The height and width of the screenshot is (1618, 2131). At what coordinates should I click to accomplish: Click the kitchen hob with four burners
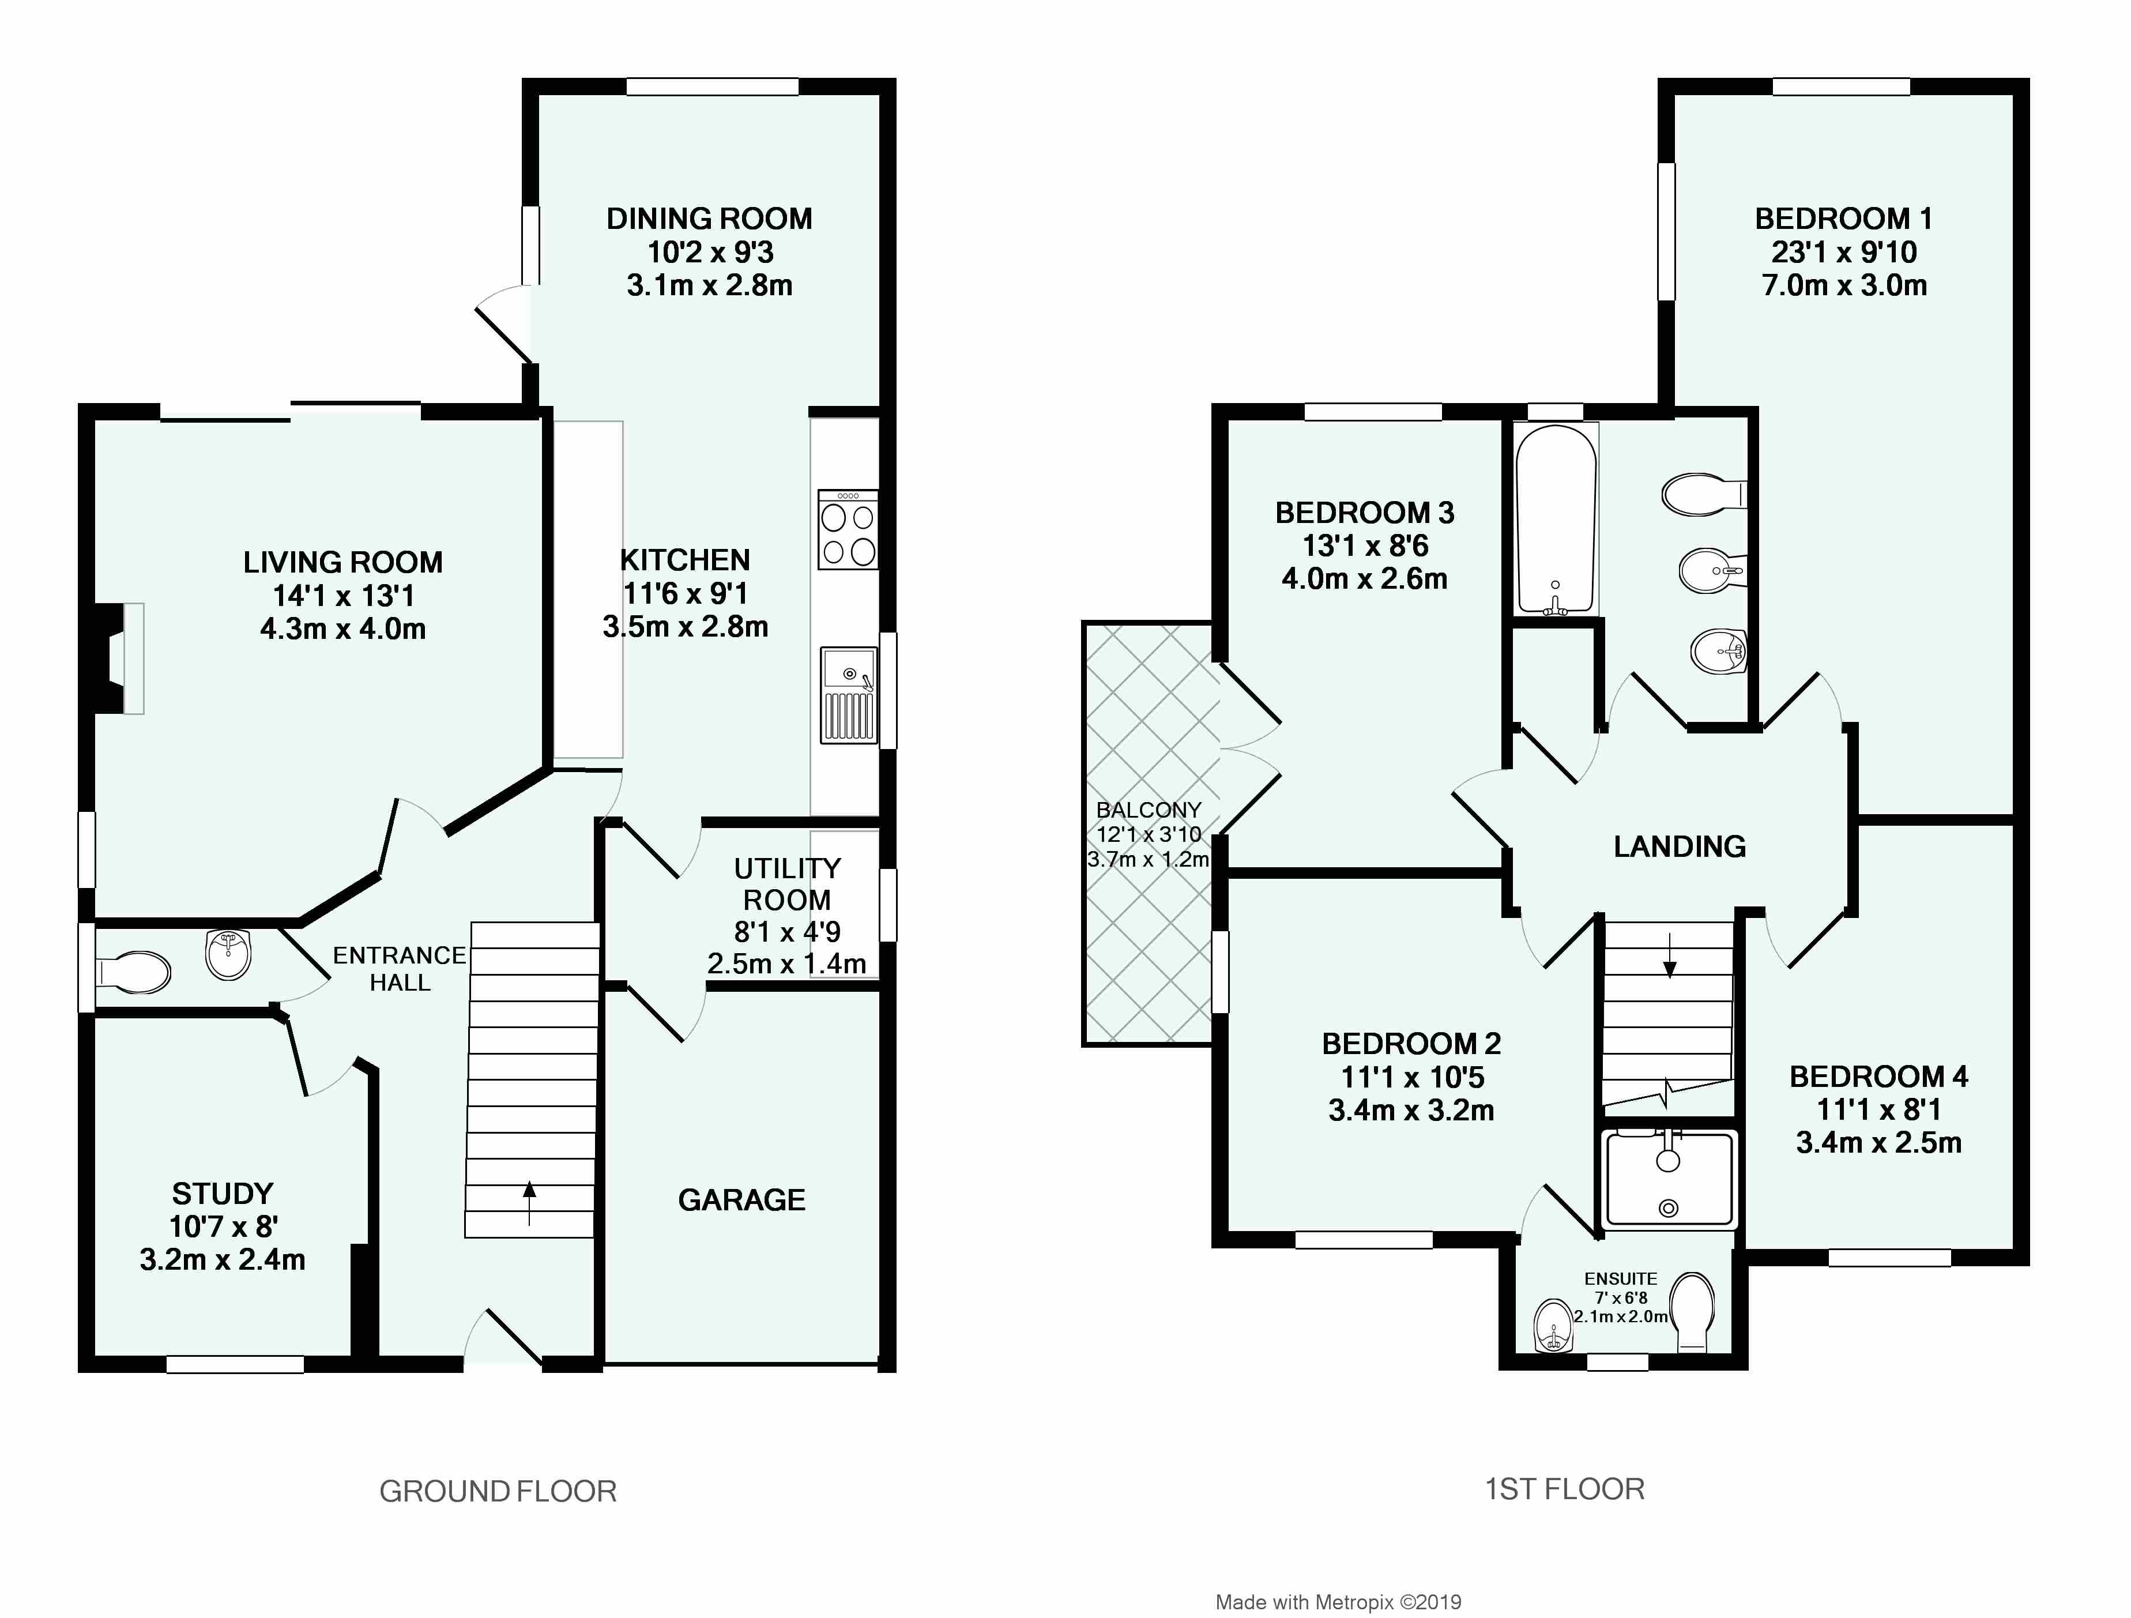coord(848,529)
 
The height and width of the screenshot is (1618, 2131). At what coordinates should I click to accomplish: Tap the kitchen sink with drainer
coord(849,695)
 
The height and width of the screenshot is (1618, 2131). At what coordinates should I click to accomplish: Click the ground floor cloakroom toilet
coord(134,972)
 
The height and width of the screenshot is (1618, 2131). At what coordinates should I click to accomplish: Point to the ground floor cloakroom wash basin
coord(228,954)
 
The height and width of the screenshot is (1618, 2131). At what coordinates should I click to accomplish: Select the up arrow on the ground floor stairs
coord(529,1203)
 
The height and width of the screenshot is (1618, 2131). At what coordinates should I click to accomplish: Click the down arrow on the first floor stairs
coord(1670,954)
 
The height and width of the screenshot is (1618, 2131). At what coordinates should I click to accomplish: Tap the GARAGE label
coord(742,1200)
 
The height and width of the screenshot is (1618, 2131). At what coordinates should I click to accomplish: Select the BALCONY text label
coord(1149,810)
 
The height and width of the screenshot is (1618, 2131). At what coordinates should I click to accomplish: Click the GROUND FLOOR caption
coord(498,1491)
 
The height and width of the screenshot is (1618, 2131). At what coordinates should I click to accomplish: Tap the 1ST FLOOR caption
coord(1565,1489)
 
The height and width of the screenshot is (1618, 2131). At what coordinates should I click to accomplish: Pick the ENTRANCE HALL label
coord(400,969)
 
